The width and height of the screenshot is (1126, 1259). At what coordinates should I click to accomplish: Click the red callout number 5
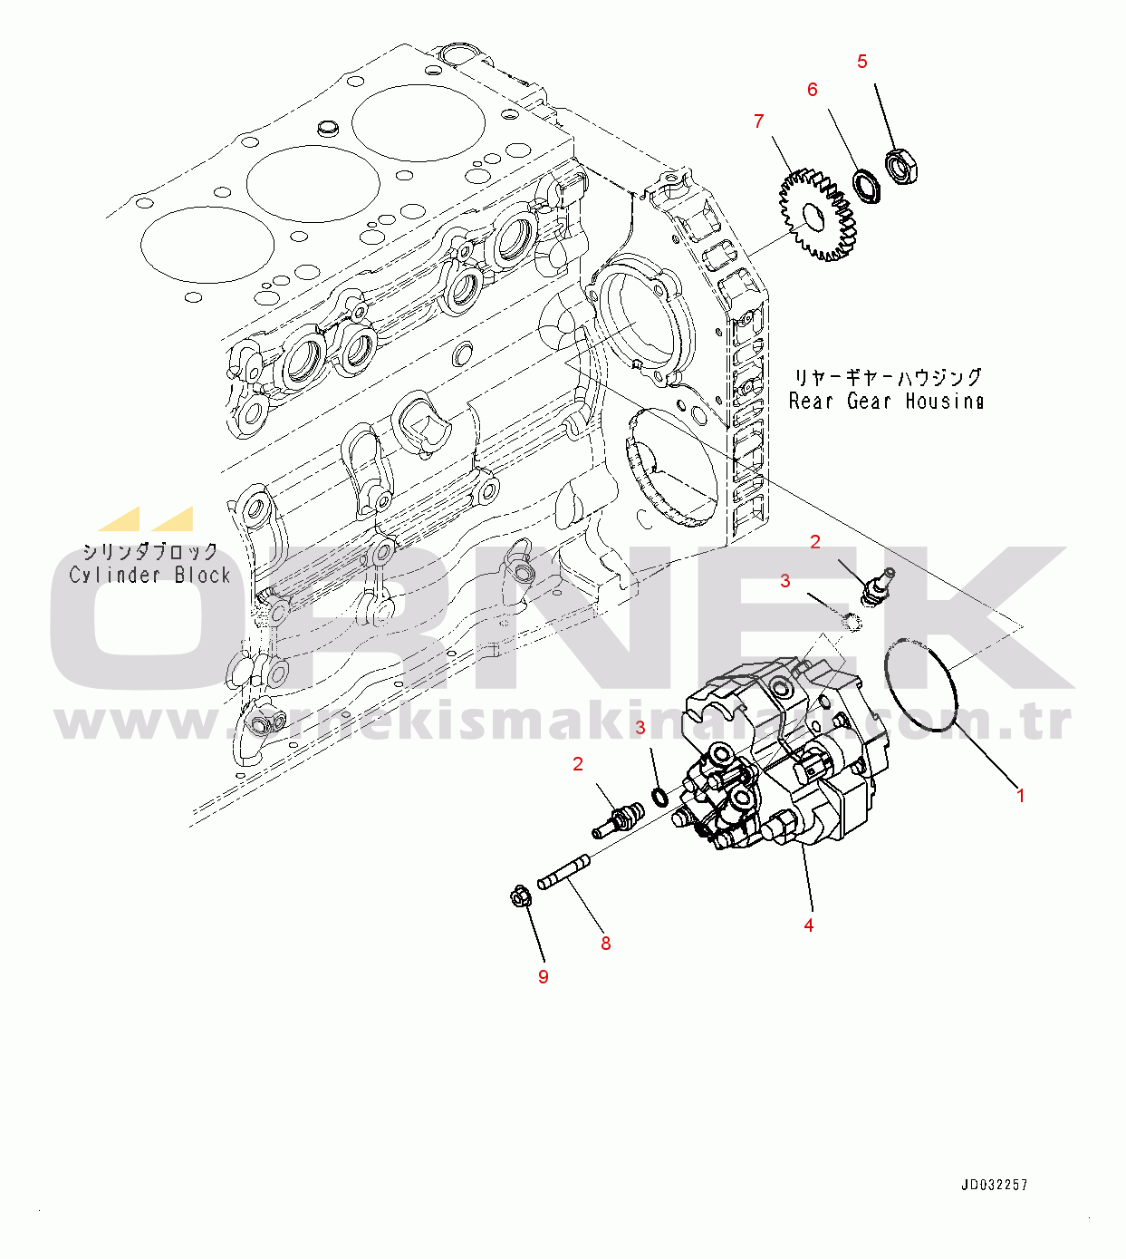tap(861, 62)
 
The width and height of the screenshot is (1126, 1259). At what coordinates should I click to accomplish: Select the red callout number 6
tap(812, 90)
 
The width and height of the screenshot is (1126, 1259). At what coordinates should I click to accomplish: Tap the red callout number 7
tap(758, 121)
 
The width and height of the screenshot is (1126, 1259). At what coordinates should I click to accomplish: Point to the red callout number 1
tap(1021, 796)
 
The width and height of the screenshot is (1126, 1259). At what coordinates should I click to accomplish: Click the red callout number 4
tap(808, 925)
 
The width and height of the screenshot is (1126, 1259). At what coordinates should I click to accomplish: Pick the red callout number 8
tap(605, 944)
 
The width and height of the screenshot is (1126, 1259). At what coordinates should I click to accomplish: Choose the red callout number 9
tap(543, 977)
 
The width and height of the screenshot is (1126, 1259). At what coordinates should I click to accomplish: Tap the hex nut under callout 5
tap(902, 166)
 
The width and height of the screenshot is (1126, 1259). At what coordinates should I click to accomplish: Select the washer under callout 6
tap(868, 186)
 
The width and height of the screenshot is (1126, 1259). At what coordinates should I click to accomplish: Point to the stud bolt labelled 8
tap(564, 873)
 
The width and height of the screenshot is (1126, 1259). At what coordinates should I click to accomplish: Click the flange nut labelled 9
tap(520, 898)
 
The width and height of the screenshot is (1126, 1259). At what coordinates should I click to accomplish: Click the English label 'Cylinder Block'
tap(150, 575)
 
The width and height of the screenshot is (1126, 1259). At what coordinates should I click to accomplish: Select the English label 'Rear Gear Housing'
tap(886, 401)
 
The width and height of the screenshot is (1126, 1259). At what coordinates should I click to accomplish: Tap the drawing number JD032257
tap(995, 1185)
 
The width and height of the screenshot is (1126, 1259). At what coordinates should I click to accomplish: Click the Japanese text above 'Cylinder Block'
tap(150, 551)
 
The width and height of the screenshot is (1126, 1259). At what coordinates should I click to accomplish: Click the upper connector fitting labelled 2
tap(876, 586)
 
